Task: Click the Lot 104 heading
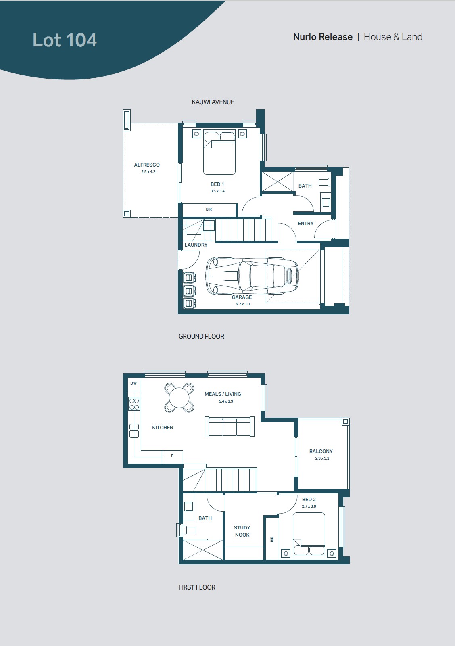[x=65, y=40]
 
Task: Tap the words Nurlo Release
[x=323, y=37]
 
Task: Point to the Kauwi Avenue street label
[x=213, y=102]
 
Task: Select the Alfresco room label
[x=147, y=165]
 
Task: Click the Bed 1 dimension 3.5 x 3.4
[x=217, y=191]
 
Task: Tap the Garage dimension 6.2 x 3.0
[x=242, y=304]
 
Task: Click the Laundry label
[x=196, y=245]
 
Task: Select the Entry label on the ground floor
[x=306, y=224]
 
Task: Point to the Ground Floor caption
[x=201, y=337]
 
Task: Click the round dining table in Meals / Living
[x=179, y=397]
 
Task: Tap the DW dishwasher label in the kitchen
[x=134, y=383]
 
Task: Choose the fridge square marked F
[x=172, y=456]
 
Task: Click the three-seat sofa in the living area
[x=230, y=426]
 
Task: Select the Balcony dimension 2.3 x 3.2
[x=322, y=458]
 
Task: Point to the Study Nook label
[x=242, y=531]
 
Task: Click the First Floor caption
[x=197, y=587]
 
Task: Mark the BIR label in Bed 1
[x=209, y=209]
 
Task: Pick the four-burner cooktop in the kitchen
[x=134, y=404]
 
